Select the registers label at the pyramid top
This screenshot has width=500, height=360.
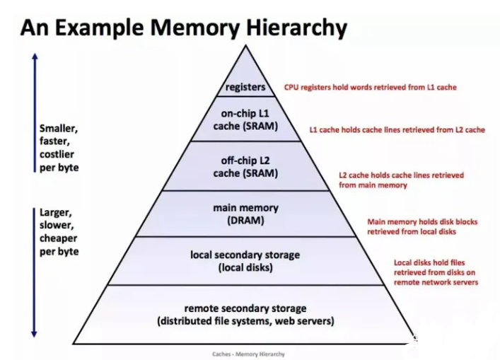pyautogui.click(x=245, y=88)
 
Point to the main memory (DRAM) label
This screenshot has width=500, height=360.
pyautogui.click(x=245, y=214)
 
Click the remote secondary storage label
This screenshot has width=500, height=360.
pyautogui.click(x=245, y=315)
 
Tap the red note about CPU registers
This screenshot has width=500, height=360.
pyautogui.click(x=370, y=88)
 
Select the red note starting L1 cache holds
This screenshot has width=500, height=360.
pyautogui.click(x=397, y=130)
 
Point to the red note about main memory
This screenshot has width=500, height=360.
pyautogui.click(x=421, y=226)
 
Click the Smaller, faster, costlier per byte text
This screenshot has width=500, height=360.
pyautogui.click(x=59, y=148)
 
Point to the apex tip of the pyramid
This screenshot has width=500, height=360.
pyautogui.click(x=245, y=46)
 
